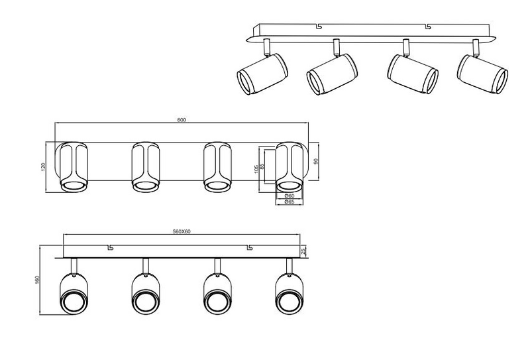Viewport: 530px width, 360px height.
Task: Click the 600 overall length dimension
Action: tap(182, 120)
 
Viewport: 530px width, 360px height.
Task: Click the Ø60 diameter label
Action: tap(289, 196)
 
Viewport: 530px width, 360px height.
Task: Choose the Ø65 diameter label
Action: tap(289, 202)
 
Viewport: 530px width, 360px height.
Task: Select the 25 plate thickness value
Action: tap(303, 251)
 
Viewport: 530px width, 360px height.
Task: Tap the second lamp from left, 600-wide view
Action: tap(146, 166)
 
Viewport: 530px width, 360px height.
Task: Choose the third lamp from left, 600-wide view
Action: tap(217, 166)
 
